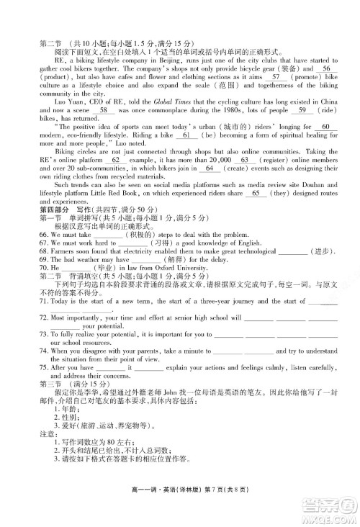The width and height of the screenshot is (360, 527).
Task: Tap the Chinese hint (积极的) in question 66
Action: (143, 235)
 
